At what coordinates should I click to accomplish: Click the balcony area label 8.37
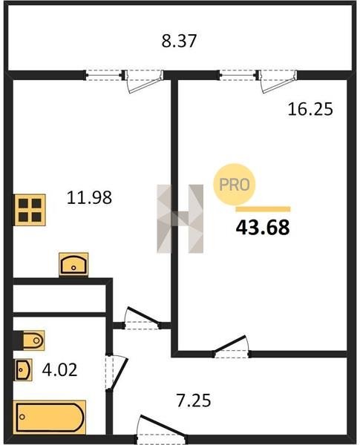[x=179, y=41]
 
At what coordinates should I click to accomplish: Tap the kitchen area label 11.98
[x=89, y=198]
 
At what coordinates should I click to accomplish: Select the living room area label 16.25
[x=310, y=109]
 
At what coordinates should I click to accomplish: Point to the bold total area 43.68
[x=263, y=228]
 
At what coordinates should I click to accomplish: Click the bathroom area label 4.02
[x=59, y=370]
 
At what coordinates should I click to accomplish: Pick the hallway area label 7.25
[x=194, y=400]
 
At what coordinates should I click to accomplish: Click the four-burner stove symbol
[x=30, y=210]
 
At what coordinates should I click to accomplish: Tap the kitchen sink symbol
[x=73, y=265]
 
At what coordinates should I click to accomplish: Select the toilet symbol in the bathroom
[x=29, y=340]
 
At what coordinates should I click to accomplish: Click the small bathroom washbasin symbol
[x=23, y=369]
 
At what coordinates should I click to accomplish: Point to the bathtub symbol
[x=50, y=417]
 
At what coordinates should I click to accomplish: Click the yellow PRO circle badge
[x=235, y=185]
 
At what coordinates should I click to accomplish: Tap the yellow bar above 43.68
[x=263, y=209]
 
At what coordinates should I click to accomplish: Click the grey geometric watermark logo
[x=180, y=219]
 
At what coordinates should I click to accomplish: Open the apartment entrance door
[x=161, y=426]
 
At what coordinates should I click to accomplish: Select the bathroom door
[x=117, y=372]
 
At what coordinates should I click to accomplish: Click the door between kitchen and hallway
[x=142, y=319]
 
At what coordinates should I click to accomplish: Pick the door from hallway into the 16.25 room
[x=232, y=346]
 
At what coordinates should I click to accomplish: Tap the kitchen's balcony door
[x=144, y=82]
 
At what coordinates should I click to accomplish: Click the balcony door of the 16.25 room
[x=278, y=82]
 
